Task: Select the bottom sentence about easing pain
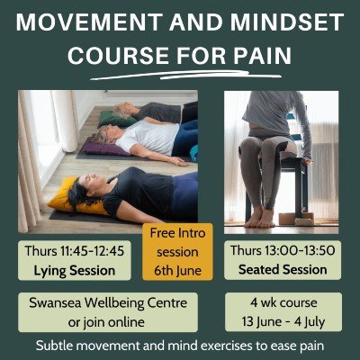pyautogui.click(x=180, y=346)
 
